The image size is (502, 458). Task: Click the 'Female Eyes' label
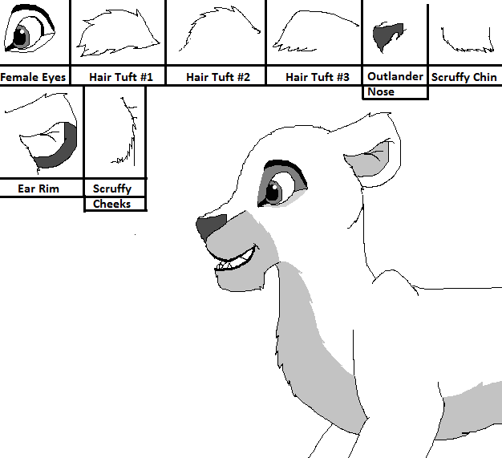pyautogui.click(x=33, y=77)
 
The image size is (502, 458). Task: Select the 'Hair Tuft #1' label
pyautogui.click(x=121, y=77)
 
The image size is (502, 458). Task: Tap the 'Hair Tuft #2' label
pyautogui.click(x=218, y=77)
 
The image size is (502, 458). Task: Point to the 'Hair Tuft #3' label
pyautogui.click(x=318, y=77)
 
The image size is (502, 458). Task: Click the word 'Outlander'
pyautogui.click(x=395, y=76)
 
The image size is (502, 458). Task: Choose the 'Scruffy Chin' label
pyautogui.click(x=464, y=77)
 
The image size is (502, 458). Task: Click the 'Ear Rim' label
pyautogui.click(x=38, y=188)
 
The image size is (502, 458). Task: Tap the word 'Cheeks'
pyautogui.click(x=111, y=204)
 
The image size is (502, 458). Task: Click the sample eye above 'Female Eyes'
pyautogui.click(x=30, y=28)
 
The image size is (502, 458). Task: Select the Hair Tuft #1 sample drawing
pyautogui.click(x=118, y=34)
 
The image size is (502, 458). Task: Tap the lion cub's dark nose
pyautogui.click(x=210, y=226)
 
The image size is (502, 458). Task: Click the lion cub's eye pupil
pyautogui.click(x=273, y=192)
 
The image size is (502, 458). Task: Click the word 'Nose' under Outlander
pyautogui.click(x=381, y=92)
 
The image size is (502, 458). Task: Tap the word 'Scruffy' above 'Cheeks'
pyautogui.click(x=112, y=188)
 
